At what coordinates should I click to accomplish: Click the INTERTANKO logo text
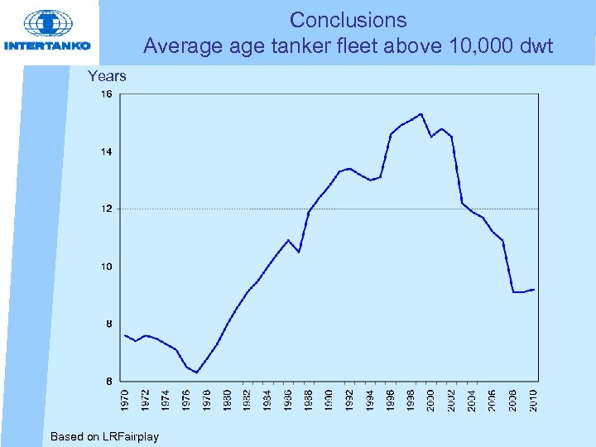pos(47,46)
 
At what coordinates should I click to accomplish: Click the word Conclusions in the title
pos(348,20)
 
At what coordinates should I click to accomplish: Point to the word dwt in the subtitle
pos(535,46)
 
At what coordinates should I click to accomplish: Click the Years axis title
pos(107,76)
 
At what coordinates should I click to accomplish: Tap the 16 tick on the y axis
pos(107,94)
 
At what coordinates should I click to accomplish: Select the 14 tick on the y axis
pos(107,151)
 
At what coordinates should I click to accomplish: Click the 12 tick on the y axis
pos(107,209)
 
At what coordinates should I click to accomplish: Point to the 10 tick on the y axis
pos(107,267)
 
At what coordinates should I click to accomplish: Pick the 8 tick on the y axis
pos(109,324)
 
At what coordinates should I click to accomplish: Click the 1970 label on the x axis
pos(125,399)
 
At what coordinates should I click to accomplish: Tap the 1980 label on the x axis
pos(227,399)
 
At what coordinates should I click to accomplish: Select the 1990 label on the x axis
pos(329,399)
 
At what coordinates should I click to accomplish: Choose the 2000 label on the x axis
pos(431,399)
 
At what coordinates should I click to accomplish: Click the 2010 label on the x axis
pos(533,399)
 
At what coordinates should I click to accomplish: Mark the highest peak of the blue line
pos(421,114)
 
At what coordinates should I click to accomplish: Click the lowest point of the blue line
pos(196,372)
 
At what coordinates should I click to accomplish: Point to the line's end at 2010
pos(534,289)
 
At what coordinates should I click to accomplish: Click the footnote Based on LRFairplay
pos(104,436)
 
